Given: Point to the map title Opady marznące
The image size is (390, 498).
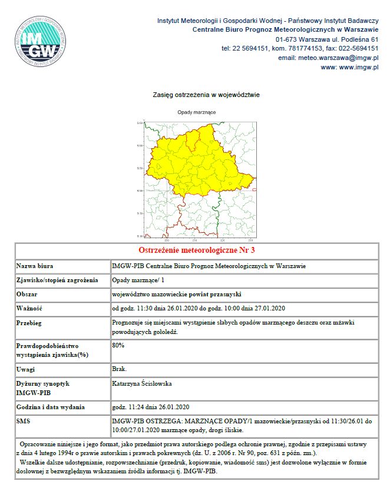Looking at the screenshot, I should tap(196, 112).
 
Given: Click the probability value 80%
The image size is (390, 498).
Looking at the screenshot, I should tap(118, 345).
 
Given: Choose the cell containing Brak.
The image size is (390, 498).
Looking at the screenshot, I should tap(119, 369).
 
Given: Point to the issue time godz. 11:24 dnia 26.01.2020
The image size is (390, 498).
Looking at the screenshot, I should tap(150, 407).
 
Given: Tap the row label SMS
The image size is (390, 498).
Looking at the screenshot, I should tap(25, 421).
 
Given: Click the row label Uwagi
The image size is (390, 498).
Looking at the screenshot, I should tap(28, 369).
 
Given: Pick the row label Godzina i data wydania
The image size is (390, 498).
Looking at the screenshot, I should tap(51, 407).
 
